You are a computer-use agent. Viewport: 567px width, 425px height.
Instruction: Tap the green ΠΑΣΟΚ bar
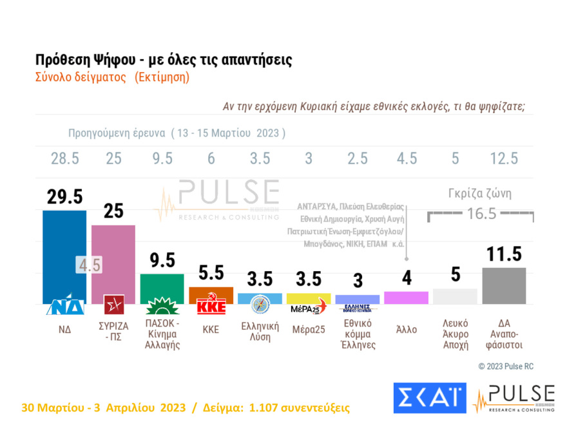click(162, 283)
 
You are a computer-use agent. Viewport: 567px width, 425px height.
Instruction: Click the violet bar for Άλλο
click(406, 297)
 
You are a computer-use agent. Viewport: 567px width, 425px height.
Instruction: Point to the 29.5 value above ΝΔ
click(64, 196)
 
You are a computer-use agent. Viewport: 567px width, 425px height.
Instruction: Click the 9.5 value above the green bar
click(162, 260)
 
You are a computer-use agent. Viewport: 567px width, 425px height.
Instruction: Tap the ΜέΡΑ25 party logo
click(308, 308)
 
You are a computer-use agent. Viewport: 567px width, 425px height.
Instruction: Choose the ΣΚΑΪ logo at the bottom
click(429, 398)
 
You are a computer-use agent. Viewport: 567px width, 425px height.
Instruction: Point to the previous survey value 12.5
click(504, 159)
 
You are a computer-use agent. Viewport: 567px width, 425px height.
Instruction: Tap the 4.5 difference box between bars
click(89, 264)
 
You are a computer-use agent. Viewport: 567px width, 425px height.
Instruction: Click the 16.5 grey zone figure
click(481, 214)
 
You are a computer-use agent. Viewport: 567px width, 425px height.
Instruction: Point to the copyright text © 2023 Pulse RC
click(506, 366)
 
